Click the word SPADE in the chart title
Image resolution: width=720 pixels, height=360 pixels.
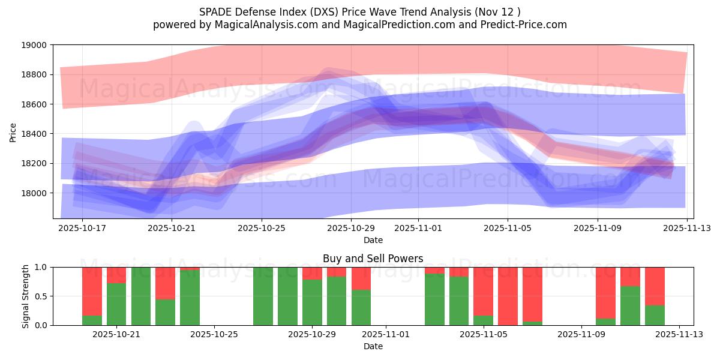click(x=213, y=11)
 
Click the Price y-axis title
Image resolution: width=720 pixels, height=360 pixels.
click(x=13, y=131)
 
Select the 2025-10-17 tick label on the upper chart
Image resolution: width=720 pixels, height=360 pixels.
click(x=82, y=228)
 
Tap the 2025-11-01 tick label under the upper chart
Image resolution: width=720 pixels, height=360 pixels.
click(x=418, y=228)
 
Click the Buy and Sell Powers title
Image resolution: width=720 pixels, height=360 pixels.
click(x=373, y=259)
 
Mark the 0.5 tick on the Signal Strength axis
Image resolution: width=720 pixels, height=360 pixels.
click(x=41, y=296)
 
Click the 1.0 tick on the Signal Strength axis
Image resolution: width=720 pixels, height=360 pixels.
click(x=41, y=268)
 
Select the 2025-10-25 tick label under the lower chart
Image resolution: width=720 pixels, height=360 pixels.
click(x=214, y=335)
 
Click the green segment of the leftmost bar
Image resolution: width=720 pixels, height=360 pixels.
click(x=92, y=320)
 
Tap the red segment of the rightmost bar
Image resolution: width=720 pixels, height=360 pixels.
click(x=655, y=286)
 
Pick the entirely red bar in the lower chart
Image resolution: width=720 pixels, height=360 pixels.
click(x=508, y=296)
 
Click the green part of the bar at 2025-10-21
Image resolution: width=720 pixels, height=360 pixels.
click(x=116, y=304)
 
